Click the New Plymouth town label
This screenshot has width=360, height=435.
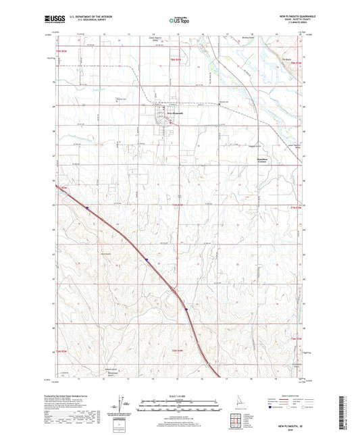(x=165, y=112)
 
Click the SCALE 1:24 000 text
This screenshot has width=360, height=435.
(x=179, y=396)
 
